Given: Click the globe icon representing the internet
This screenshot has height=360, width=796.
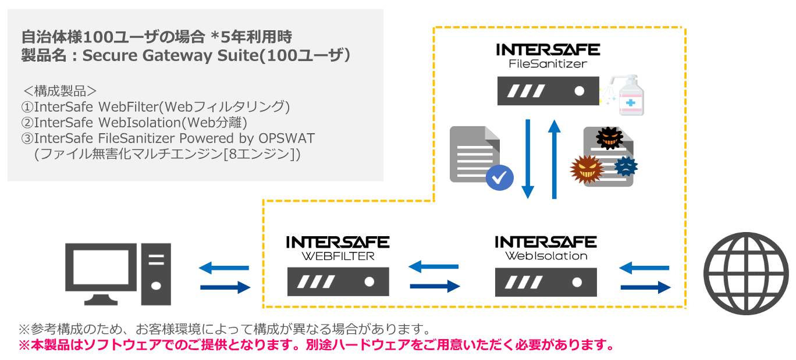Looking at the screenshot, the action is click(x=746, y=273).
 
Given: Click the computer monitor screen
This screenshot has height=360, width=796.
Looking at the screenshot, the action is click(x=101, y=266).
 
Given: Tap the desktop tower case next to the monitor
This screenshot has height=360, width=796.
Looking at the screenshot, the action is click(x=156, y=274).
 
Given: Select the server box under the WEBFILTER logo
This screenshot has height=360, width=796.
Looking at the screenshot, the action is click(x=338, y=281).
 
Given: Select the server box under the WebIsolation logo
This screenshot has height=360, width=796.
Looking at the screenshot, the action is click(x=546, y=282).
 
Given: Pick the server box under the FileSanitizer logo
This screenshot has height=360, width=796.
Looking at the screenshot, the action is click(x=548, y=91).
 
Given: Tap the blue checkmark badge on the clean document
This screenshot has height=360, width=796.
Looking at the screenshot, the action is click(x=500, y=177).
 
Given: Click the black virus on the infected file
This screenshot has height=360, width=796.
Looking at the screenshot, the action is click(x=609, y=138).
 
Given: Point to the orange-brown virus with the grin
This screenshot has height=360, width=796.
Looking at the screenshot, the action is click(x=587, y=169).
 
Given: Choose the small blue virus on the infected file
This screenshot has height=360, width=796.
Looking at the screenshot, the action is click(x=626, y=166).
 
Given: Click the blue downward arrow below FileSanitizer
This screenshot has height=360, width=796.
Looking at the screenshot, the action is click(x=528, y=159).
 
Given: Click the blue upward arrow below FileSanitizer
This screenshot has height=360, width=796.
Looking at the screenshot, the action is click(x=554, y=159).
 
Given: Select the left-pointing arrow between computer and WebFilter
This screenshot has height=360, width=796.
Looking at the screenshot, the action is click(x=224, y=268).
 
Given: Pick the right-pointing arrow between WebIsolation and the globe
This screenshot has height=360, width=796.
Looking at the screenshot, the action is click(x=646, y=287).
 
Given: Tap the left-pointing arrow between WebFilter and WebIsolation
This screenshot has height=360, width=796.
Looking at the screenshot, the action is click(x=433, y=266).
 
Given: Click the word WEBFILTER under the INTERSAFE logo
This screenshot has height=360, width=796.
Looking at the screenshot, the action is click(x=338, y=256).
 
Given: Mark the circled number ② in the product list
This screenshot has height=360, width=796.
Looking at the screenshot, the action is click(x=27, y=123).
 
